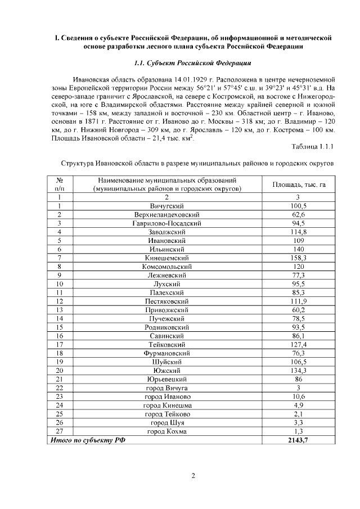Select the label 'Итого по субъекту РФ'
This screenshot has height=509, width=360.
point(88,440)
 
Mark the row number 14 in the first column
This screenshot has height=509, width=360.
point(59,319)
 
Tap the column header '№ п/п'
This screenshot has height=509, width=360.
point(59,184)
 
